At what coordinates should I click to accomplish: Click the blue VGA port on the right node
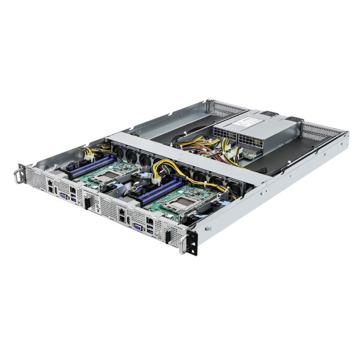point(138,227)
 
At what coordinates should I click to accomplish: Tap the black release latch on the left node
point(88,204)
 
